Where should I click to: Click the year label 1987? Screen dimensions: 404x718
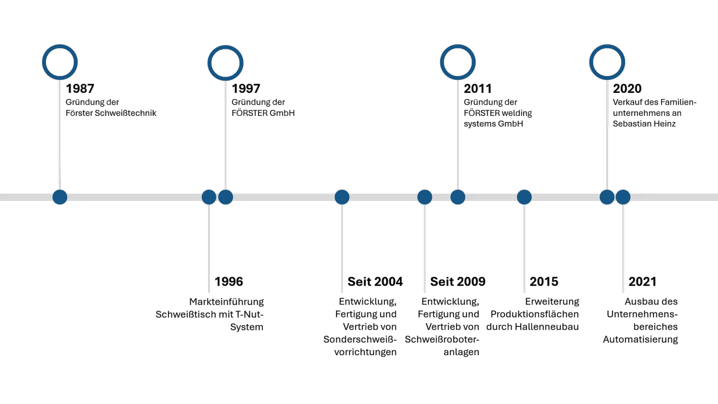pos(80,89)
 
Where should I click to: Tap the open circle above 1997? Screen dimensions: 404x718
pos(225,62)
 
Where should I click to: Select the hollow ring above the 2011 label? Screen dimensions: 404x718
pos(458,62)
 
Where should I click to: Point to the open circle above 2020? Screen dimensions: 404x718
pos(607,62)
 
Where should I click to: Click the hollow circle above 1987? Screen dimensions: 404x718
pos(60,62)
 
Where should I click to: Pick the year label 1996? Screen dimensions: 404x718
pos(229,281)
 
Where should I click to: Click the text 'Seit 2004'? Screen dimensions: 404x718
pos(374,281)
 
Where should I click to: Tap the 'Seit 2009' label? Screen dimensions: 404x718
pos(458,281)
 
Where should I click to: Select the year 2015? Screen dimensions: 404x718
pos(544,281)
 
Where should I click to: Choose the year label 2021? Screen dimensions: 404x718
pos(643,281)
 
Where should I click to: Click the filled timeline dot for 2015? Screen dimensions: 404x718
pos(524,197)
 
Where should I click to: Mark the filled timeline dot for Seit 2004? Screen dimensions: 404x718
pos(342,197)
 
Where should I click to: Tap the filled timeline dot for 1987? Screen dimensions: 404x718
pos(60,197)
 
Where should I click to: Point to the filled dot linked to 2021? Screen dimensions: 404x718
pos(623,197)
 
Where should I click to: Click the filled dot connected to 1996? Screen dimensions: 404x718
pos(209,197)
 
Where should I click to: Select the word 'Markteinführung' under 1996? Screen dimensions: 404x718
pos(226,302)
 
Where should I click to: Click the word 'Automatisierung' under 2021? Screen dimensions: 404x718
pos(640,339)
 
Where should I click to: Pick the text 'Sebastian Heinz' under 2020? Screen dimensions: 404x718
pos(645,123)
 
